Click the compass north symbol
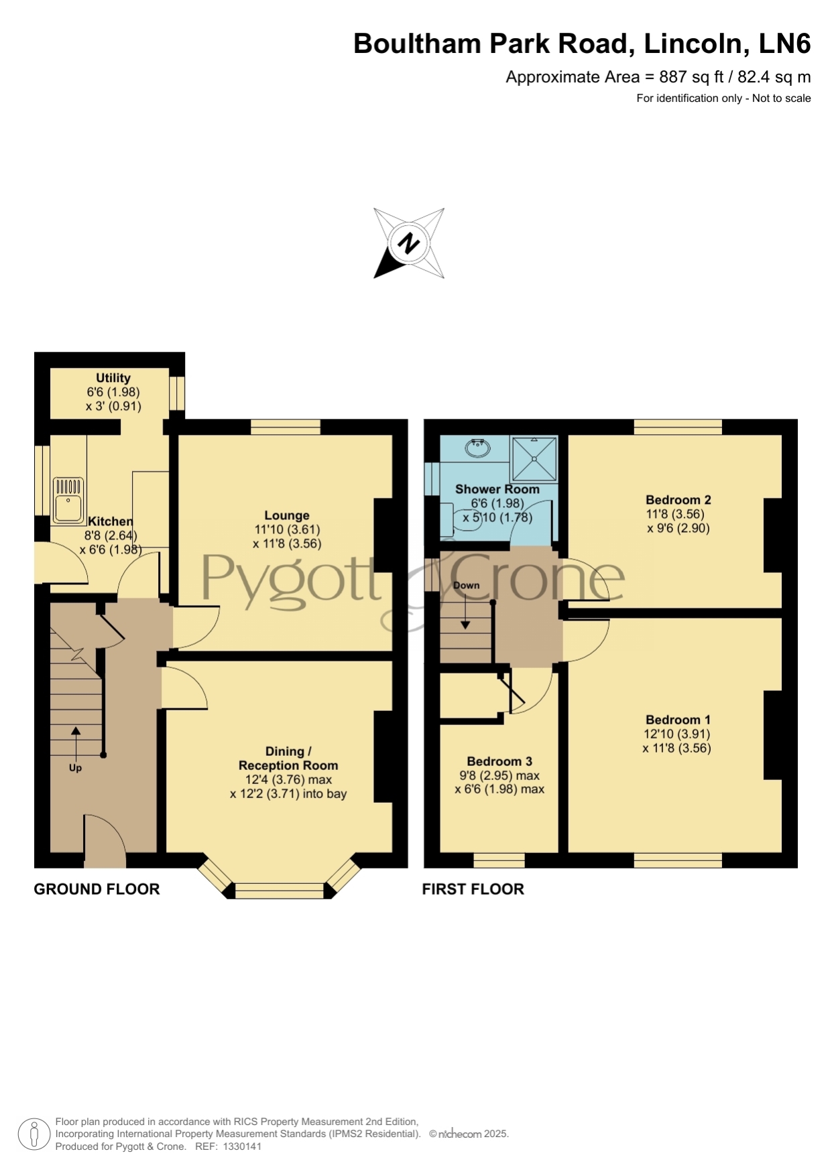coord(409,243)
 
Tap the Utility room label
coord(113,378)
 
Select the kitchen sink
coord(68,499)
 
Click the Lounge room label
coord(287,515)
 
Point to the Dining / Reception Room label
coord(288,759)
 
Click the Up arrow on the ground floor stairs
coord(76,741)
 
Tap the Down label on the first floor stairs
coord(467,585)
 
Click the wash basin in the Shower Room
coord(477,447)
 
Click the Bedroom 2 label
coord(678,500)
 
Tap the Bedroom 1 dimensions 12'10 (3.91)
coord(676,734)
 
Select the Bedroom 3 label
coord(499,761)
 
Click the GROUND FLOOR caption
coord(97,889)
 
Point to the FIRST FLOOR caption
coord(473,889)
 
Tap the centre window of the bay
coord(280,891)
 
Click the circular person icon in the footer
coord(34,1135)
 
